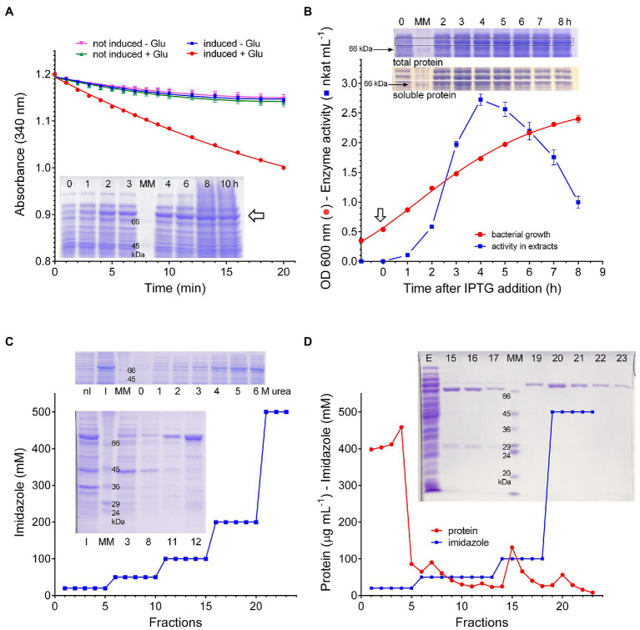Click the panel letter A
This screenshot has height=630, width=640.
[9, 12]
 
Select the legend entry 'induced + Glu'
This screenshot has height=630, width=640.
[225, 54]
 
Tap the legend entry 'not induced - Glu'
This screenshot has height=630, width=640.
[121, 43]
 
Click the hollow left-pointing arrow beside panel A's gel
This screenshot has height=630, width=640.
[256, 215]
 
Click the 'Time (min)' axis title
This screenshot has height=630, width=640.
[175, 288]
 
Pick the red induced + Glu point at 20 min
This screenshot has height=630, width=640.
[284, 168]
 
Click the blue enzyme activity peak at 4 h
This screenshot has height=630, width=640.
[481, 99]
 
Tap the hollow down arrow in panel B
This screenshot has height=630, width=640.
[380, 214]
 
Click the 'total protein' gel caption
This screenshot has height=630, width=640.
[417, 63]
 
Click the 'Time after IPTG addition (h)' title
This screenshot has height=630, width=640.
[482, 288]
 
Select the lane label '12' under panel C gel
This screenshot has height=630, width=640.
[196, 542]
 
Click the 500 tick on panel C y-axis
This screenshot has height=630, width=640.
[42, 412]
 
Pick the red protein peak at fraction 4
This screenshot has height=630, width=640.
[401, 427]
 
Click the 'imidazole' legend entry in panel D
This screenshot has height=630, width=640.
[461, 542]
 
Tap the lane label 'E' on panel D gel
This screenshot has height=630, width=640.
[429, 358]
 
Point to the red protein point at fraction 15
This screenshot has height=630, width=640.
[512, 547]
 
